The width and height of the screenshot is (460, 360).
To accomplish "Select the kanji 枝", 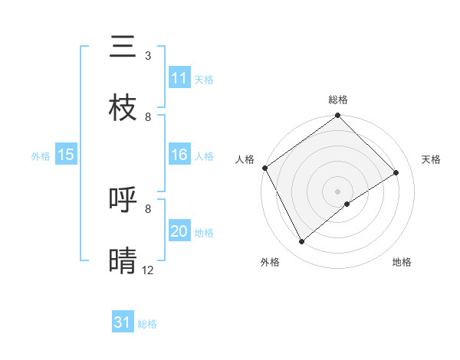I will (123, 108).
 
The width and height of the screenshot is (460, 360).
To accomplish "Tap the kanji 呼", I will (123, 200).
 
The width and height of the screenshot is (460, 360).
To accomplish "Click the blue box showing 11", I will (179, 78).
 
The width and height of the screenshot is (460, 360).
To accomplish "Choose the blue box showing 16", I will (179, 155).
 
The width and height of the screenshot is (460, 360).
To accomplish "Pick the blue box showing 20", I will (179, 231).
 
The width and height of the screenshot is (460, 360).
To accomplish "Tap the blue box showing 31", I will (123, 322).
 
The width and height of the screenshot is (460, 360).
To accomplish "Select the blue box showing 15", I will (66, 155).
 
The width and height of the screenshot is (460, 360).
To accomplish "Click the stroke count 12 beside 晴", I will (148, 270).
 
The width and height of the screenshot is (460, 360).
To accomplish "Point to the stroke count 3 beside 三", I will (148, 56).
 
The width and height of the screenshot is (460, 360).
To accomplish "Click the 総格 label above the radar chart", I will (338, 100).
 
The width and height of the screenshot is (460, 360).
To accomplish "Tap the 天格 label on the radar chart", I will (432, 159).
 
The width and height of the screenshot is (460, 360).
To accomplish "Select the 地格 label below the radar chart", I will (402, 262).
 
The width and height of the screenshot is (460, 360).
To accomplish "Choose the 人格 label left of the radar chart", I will (245, 159).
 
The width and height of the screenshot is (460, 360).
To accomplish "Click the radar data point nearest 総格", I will (338, 116).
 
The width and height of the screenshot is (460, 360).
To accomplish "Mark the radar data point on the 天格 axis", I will (396, 172).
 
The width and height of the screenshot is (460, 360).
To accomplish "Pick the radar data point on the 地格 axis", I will (347, 204).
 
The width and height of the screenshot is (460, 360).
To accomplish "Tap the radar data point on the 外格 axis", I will (302, 242).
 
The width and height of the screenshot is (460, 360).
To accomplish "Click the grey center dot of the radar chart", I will (338, 191).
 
